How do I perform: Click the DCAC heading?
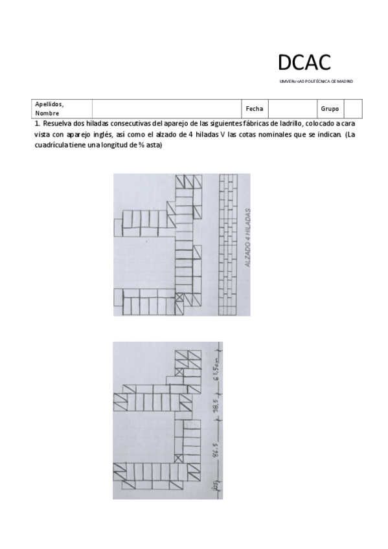click(x=304, y=62)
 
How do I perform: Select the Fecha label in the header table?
click(x=254, y=109)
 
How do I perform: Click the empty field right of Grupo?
click(x=352, y=109)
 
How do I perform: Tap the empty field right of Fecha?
click(x=291, y=109)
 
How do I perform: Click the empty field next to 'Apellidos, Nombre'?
click(x=166, y=109)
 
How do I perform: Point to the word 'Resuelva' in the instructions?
click(x=57, y=124)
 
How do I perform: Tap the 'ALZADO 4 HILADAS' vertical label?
click(x=248, y=239)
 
